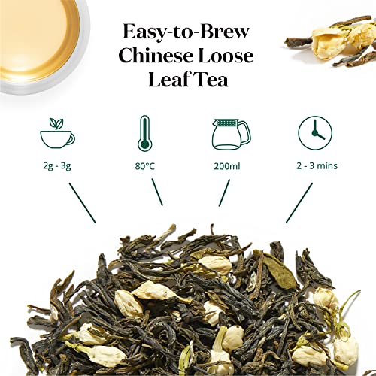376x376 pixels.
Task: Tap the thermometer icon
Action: click(145, 135)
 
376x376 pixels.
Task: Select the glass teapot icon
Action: click(225, 135)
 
